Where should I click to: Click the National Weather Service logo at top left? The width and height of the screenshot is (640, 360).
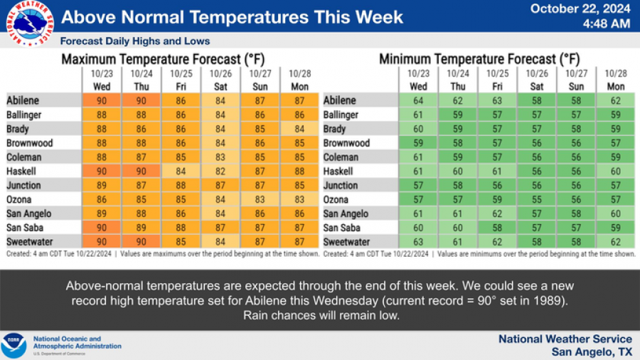click(x=28, y=23)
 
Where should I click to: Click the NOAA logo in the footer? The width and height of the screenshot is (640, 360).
click(x=14, y=346)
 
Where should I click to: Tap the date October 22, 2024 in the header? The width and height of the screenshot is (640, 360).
click(x=580, y=9)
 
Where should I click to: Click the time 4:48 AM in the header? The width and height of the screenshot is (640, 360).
click(x=607, y=23)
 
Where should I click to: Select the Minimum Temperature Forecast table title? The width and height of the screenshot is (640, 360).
click(x=479, y=59)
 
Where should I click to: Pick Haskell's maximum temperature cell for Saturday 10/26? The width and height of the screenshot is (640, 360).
click(x=220, y=171)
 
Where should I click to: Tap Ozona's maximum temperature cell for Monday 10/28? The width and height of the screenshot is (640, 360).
click(x=299, y=200)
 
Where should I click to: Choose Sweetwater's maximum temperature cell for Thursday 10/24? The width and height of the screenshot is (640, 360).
click(x=142, y=242)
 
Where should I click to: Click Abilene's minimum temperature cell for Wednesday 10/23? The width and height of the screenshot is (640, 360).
click(x=419, y=101)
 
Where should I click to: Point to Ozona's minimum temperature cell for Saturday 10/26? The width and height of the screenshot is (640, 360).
click(x=537, y=200)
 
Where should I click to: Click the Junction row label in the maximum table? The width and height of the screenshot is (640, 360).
click(x=23, y=186)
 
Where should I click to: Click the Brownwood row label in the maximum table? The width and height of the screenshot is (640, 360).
click(x=29, y=143)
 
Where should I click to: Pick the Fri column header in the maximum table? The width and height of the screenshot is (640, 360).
click(x=181, y=85)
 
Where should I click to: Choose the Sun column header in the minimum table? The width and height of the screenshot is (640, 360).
click(x=576, y=85)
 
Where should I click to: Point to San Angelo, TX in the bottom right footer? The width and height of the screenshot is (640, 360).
click(x=591, y=352)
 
